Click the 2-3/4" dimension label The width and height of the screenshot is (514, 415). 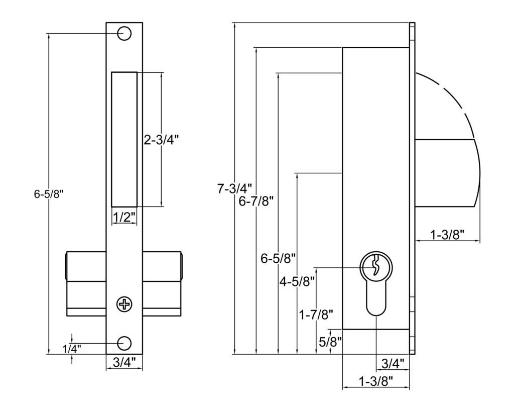162,140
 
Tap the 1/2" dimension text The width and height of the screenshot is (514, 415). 123,218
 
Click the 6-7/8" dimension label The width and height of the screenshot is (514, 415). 256,201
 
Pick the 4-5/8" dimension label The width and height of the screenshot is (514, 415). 297,281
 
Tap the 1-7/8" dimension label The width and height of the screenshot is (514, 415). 316,315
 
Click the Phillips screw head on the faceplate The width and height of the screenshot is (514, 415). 124,303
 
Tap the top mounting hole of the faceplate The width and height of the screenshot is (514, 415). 124,33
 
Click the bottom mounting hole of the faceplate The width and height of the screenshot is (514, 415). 124,343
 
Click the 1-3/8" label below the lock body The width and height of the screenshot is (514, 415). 376,381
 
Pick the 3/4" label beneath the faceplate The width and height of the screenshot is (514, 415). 124,361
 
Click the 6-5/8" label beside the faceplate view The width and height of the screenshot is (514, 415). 50,194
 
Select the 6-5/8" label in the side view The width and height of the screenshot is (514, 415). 278,259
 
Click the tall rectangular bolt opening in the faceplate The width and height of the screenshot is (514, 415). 124,139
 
